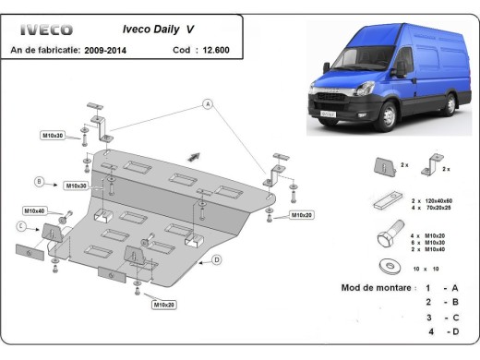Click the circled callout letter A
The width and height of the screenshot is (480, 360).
click(209, 104)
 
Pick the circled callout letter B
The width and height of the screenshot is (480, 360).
click(40, 180)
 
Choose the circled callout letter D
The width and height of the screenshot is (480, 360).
click(215, 259)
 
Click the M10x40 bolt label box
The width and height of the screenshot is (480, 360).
click(34, 211)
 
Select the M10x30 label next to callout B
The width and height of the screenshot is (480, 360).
click(77, 186)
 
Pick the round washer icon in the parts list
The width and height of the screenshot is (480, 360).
click(385, 268)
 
